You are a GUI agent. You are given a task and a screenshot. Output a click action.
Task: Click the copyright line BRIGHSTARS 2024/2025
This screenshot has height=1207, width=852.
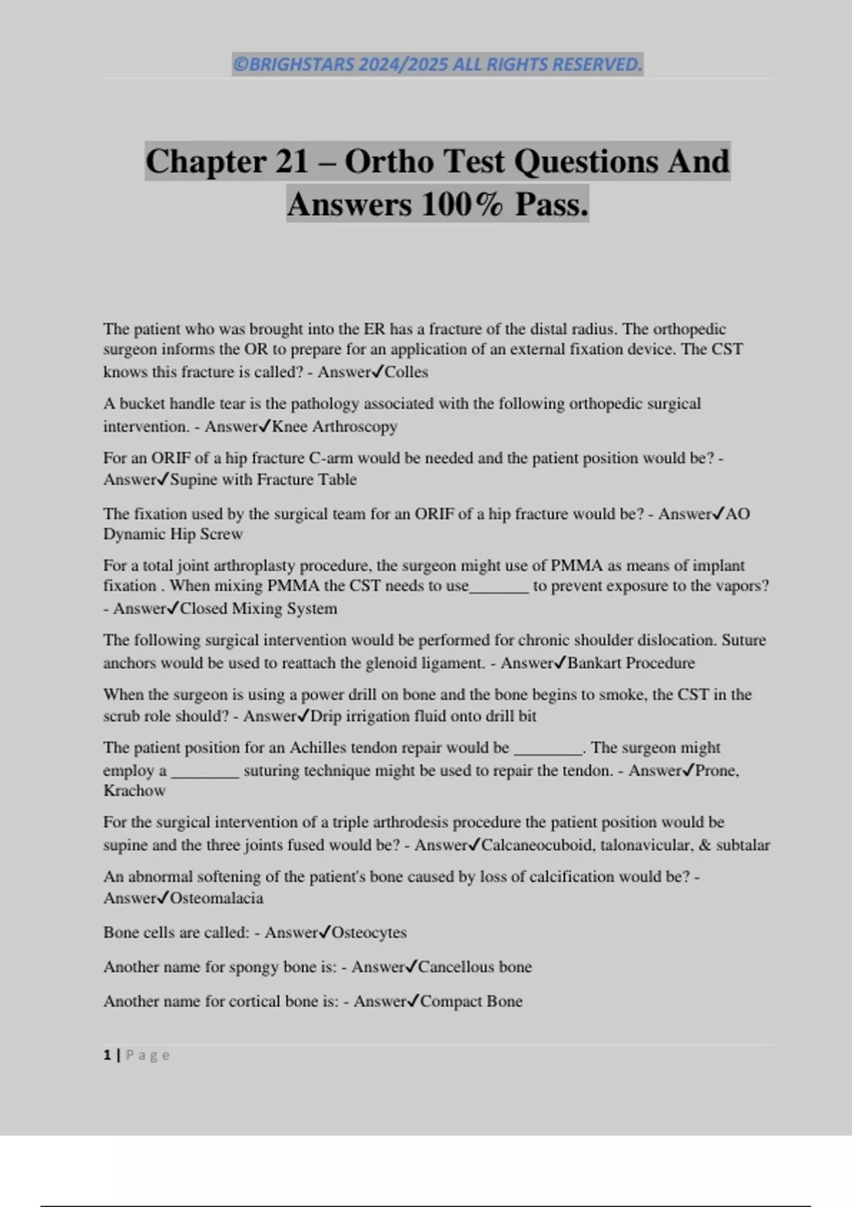pos(437,65)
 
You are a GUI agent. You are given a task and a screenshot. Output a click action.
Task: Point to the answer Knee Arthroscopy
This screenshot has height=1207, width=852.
pos(334,427)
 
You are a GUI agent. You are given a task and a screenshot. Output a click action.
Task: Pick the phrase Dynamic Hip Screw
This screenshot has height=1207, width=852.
pos(173,534)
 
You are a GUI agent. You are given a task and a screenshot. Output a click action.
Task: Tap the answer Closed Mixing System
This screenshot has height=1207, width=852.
pos(258,608)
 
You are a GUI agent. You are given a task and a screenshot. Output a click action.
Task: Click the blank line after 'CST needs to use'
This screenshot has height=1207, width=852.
pos(499,587)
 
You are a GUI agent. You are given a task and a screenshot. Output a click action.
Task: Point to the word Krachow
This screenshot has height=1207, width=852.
pos(134,790)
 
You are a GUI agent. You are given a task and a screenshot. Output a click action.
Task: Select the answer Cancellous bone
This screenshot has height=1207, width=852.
pos(475,967)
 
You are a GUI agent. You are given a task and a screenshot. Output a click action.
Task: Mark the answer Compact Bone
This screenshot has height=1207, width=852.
pos(471,1001)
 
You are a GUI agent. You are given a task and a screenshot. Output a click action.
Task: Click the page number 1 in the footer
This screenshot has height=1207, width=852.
pos(107,1055)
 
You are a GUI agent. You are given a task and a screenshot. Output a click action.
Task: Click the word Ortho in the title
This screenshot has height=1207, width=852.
pos(388,161)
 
